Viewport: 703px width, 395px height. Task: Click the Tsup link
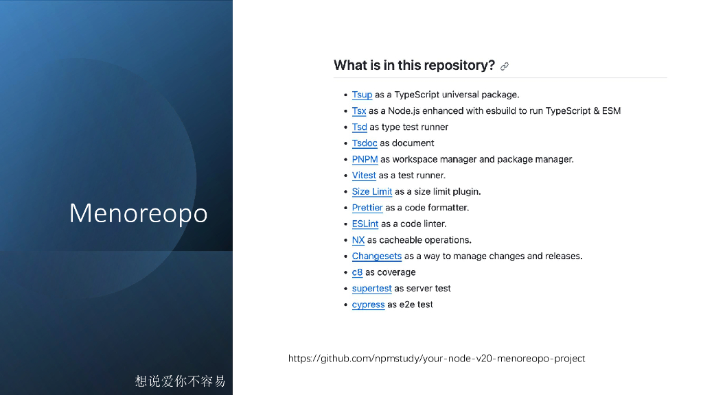(362, 95)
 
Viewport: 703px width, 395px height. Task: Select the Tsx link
(358, 110)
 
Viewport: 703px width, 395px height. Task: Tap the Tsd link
(359, 127)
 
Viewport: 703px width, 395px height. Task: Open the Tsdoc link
(365, 143)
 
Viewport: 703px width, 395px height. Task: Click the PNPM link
(365, 159)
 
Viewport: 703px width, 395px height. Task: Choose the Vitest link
(364, 175)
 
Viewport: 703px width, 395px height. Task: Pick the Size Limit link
(371, 191)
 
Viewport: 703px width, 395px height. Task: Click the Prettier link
(367, 207)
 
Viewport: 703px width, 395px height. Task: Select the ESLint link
(365, 224)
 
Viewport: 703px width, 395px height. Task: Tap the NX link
(358, 239)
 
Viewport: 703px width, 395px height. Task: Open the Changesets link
(377, 256)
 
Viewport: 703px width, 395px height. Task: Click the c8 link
(357, 272)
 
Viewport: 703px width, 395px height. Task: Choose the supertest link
(371, 288)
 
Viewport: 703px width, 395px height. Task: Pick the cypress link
(368, 304)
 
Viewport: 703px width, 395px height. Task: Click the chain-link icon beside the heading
(505, 67)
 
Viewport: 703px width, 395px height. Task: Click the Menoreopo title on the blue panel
(138, 213)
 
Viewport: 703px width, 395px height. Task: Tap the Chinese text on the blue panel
(181, 381)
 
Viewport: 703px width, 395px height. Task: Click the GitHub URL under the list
(436, 358)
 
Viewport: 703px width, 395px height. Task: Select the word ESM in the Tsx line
(611, 110)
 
